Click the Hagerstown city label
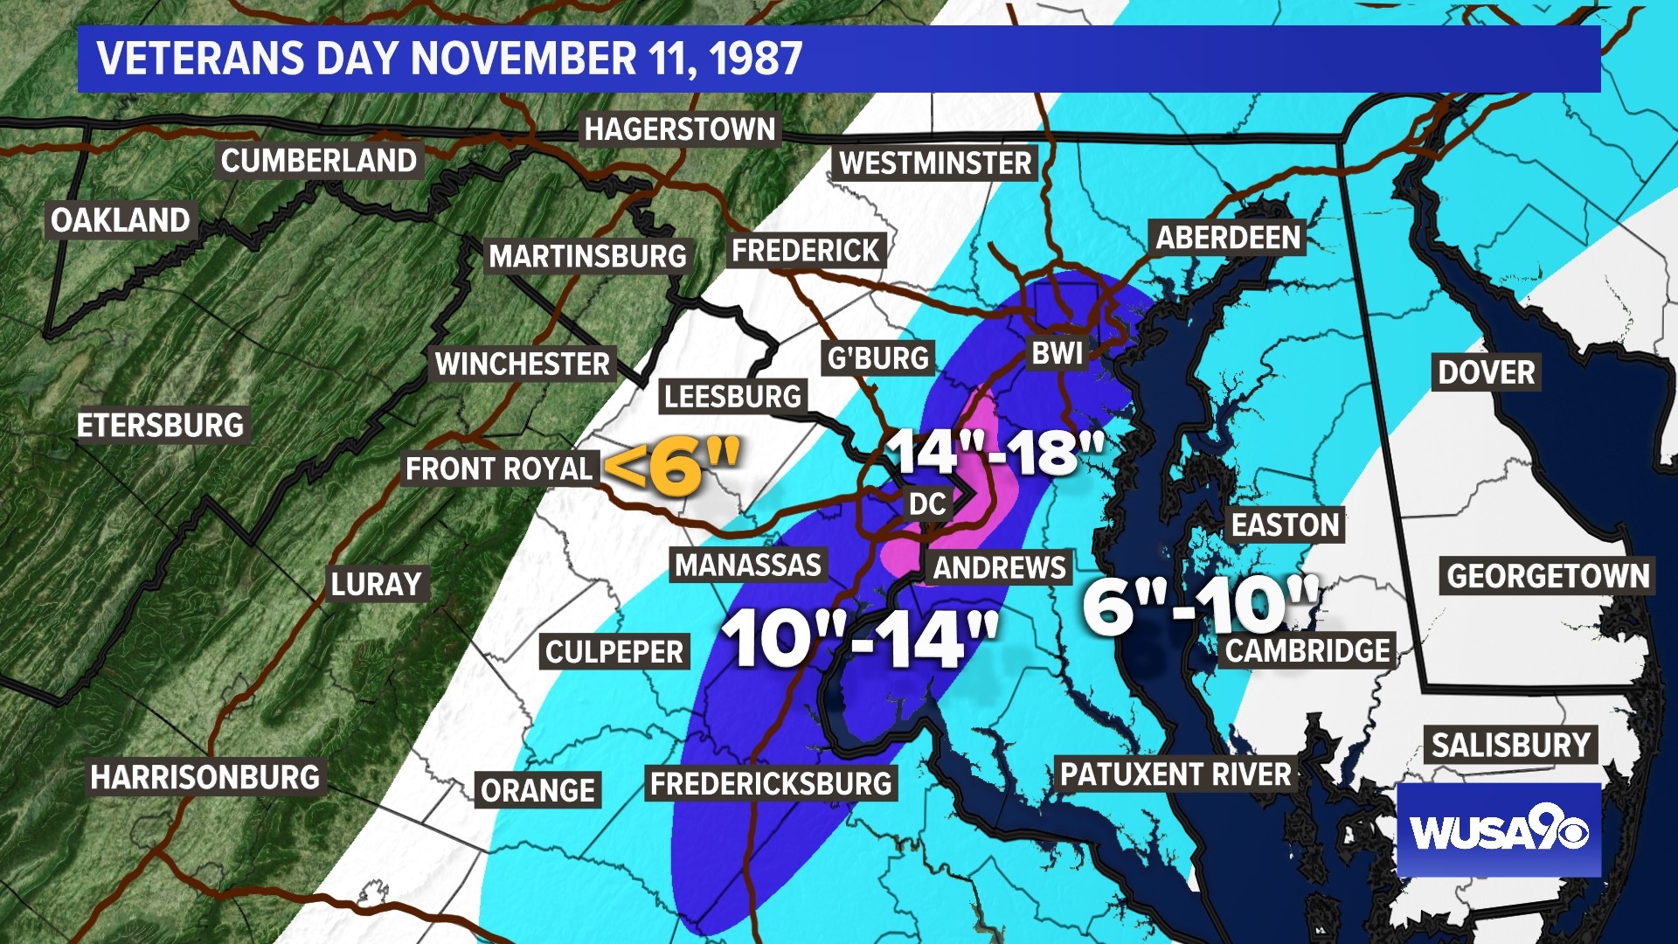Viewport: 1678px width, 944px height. pos(680,129)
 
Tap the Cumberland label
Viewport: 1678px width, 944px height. pos(319,161)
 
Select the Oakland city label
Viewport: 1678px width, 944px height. pos(121,220)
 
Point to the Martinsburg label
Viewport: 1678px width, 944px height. pos(587,256)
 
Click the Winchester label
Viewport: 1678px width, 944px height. pos(523,364)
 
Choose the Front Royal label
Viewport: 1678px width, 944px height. pos(499,469)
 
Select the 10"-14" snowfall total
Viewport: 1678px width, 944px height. pos(860,639)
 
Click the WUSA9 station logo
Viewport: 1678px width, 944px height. pos(1498,830)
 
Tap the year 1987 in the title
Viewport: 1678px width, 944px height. pos(755,59)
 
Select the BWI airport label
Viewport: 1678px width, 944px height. pos(1057,353)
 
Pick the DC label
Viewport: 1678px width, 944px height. pos(927,504)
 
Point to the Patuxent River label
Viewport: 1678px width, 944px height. pos(1175,774)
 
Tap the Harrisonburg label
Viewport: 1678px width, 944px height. pos(205,777)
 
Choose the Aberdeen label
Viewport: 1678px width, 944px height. pos(1228,238)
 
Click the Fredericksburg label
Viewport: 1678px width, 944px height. pos(771,784)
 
